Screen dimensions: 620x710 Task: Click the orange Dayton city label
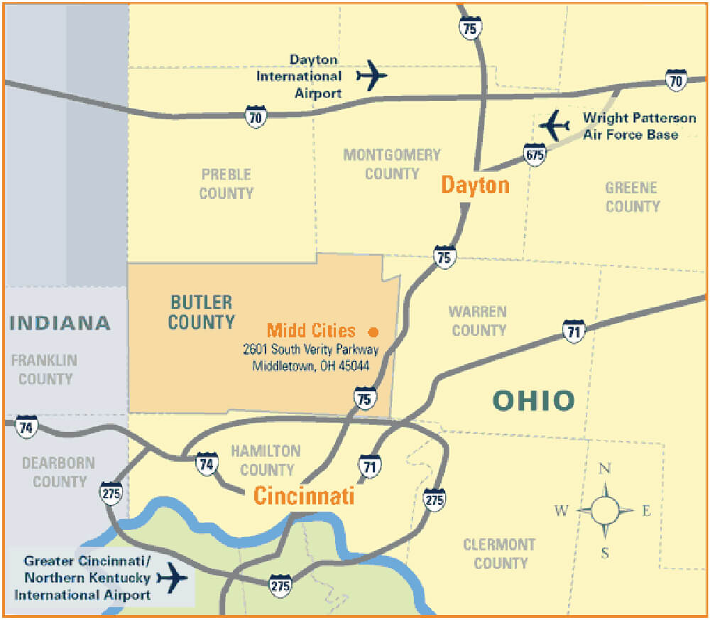[475, 185]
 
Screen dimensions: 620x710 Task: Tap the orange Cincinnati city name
[304, 495]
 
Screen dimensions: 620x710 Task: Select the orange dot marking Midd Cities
[373, 332]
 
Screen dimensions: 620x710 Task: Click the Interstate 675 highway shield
[535, 154]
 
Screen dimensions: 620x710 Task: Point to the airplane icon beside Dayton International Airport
[371, 75]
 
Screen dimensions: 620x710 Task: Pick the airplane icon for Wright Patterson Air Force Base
[555, 126]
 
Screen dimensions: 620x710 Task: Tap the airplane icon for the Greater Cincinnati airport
[173, 576]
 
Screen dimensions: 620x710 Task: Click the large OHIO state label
[533, 401]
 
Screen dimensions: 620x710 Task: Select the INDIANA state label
[60, 323]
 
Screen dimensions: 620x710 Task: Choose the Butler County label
[201, 312]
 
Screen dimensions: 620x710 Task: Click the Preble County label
[226, 183]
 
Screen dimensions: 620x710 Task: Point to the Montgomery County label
[392, 164]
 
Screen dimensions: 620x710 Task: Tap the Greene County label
[632, 197]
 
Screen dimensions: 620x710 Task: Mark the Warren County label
[479, 320]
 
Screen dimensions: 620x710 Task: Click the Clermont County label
[500, 554]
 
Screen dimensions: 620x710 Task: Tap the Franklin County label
[44, 369]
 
